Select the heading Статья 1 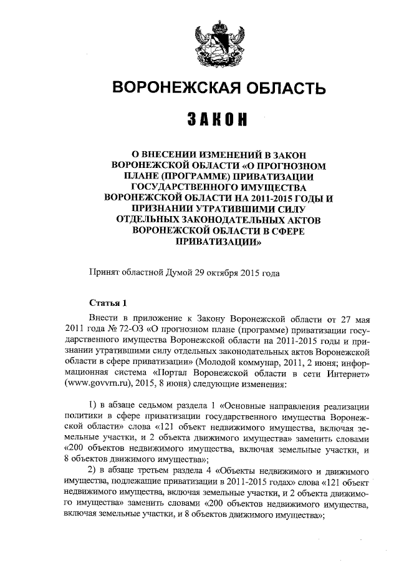[108, 303]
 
